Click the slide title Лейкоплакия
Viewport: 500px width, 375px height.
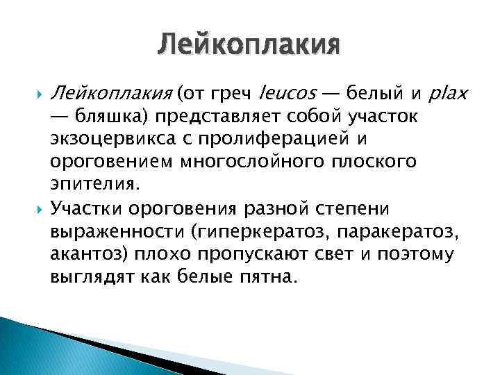(249, 46)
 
